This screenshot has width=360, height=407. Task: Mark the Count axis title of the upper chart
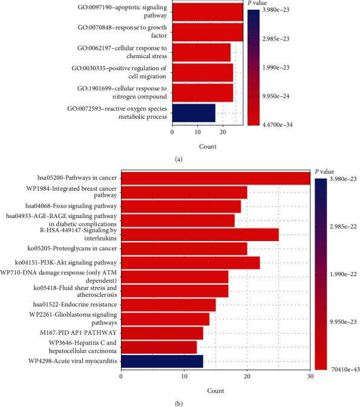[x=208, y=146]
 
